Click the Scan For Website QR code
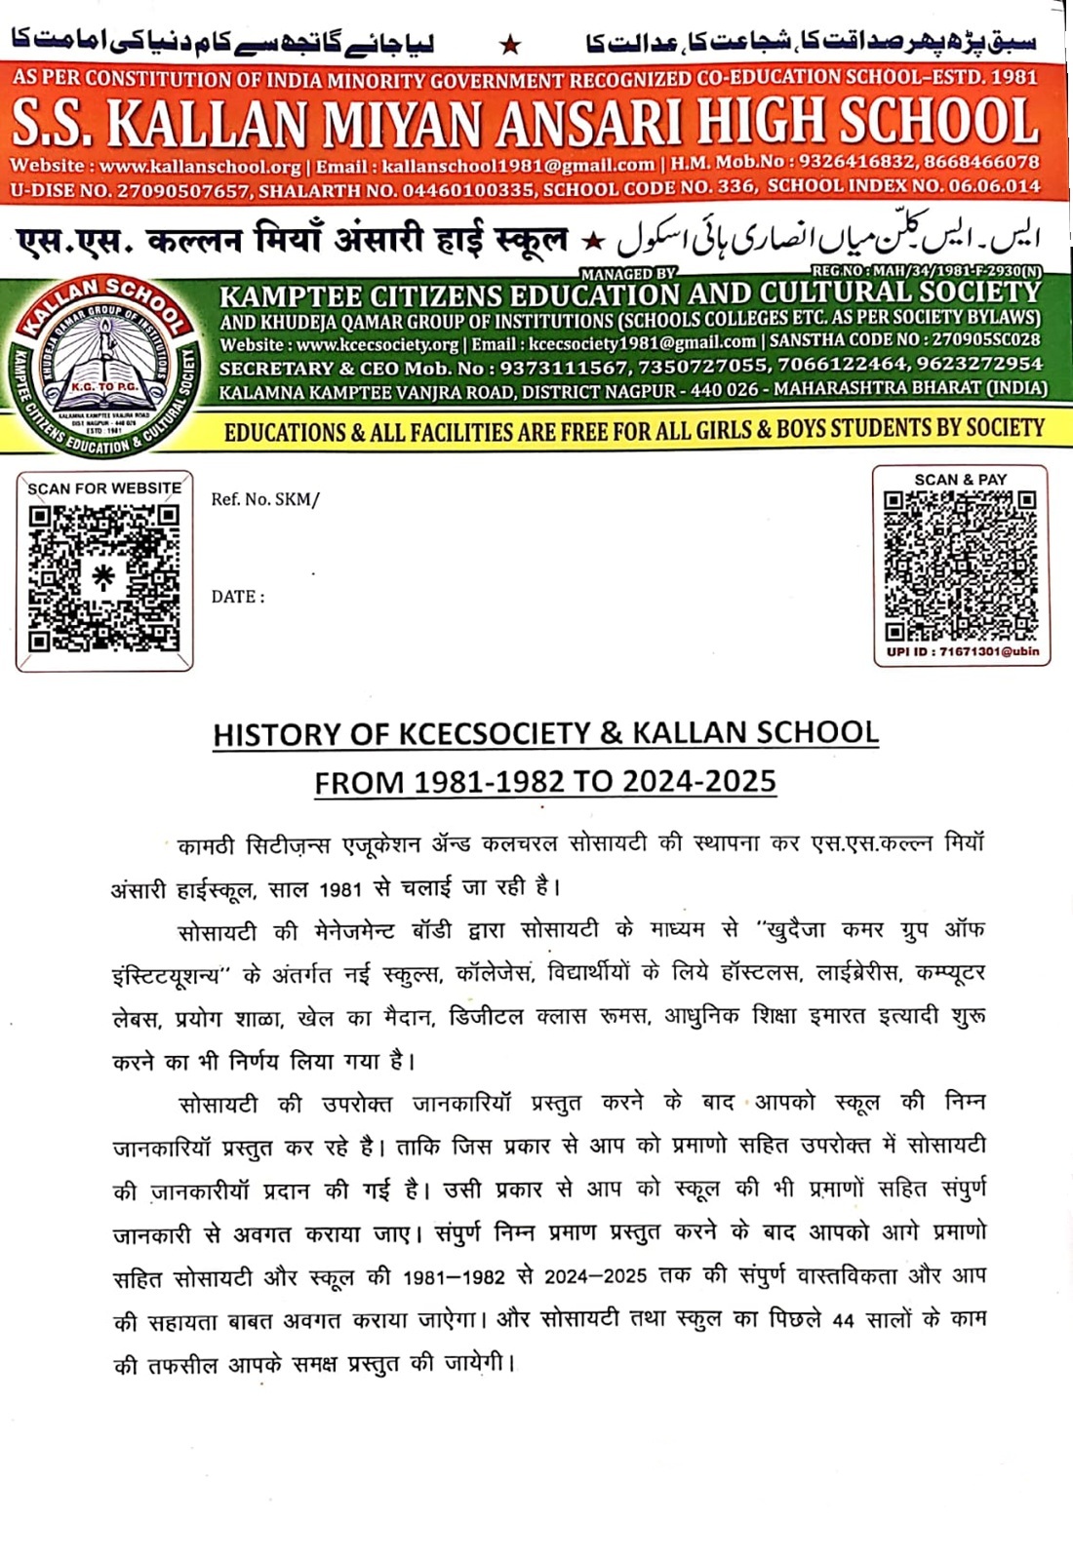[103, 577]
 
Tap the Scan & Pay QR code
[960, 565]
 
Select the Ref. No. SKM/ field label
[265, 500]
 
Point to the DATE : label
[238, 597]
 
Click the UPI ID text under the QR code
[962, 651]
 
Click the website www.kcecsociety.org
[378, 344]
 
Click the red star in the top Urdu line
[509, 45]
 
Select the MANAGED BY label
[628, 275]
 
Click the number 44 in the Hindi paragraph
[843, 1320]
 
